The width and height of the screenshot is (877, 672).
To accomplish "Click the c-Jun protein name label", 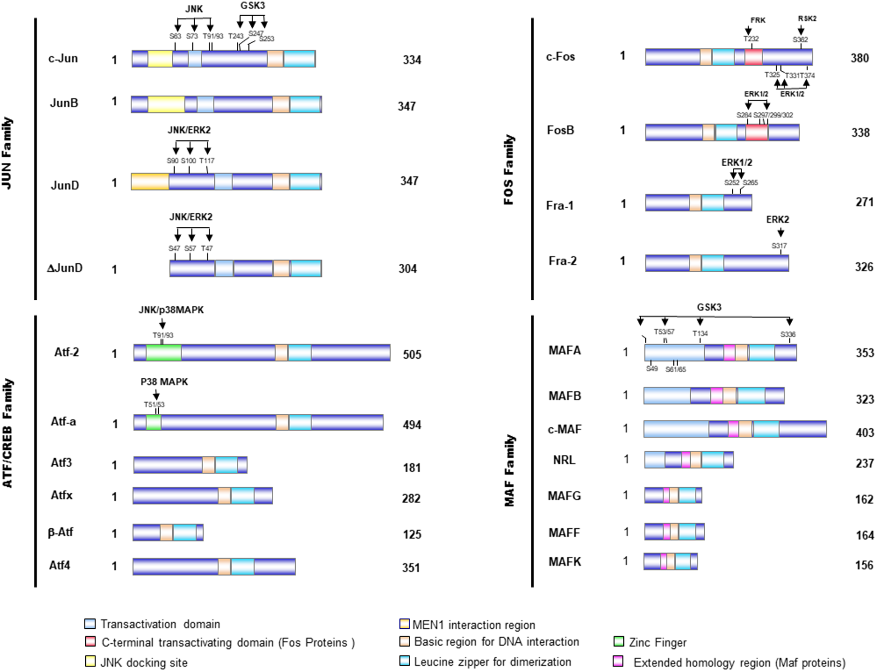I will [63, 59].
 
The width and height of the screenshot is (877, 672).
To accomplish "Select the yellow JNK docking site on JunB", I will [166, 104].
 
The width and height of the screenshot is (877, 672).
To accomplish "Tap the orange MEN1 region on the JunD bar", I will [150, 181].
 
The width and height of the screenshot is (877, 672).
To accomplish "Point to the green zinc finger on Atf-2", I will [163, 353].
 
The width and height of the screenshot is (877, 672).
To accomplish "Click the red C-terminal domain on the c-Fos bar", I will [753, 57].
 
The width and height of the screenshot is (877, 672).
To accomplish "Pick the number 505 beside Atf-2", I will [412, 354].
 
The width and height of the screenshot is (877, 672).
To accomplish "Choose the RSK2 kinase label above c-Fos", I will [807, 19].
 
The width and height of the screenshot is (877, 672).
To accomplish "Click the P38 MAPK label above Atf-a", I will [164, 382].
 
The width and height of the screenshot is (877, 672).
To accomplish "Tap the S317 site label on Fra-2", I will [779, 246].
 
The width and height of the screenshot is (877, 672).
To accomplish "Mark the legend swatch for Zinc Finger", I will [619, 642].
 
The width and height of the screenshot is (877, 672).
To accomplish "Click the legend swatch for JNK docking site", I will [90, 662].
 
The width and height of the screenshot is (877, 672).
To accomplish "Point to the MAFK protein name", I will [564, 562].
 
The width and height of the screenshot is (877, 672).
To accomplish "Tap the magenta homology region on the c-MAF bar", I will [733, 429].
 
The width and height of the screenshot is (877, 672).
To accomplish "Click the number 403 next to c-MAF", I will [864, 432].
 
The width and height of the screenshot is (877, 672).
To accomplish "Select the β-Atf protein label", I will [60, 533].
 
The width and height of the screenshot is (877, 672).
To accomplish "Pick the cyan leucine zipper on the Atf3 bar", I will [226, 465].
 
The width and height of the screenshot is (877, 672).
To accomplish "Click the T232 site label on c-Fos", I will [751, 39].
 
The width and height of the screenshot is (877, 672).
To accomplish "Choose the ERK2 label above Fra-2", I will [777, 220].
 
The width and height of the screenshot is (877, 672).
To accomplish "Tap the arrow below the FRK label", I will [748, 31].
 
